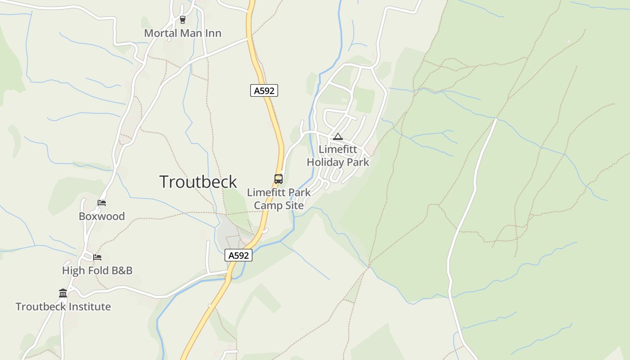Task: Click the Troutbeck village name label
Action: coord(198,182)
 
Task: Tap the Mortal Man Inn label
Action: coord(183,33)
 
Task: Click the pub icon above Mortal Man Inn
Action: coord(182,19)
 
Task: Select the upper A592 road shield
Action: coord(264,90)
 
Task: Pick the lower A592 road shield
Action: coord(238,255)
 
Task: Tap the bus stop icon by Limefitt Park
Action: coord(279,179)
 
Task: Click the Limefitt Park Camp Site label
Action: coord(279,199)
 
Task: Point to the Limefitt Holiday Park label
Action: coord(337,156)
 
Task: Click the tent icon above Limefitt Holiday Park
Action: coord(338,136)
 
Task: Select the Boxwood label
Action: coord(102,216)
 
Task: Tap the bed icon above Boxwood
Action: coord(102,203)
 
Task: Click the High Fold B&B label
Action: coord(97,270)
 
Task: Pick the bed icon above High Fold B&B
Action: coord(97,257)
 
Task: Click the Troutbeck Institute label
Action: coord(63,307)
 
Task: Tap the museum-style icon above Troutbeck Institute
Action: coord(63,293)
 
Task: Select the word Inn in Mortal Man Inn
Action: coord(213,33)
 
